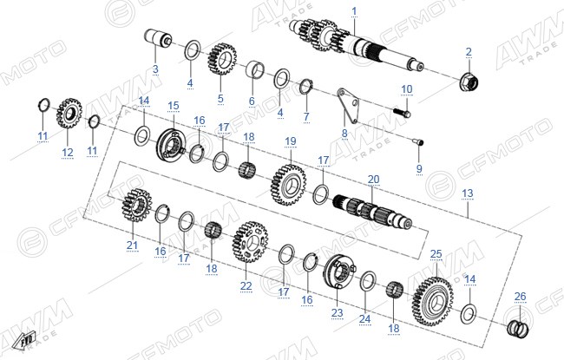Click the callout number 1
tap(354, 11)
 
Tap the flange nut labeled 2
tap(469, 82)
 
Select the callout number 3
tap(155, 69)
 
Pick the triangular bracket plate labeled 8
tap(347, 105)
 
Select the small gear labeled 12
tap(69, 114)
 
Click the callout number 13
tap(467, 193)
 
